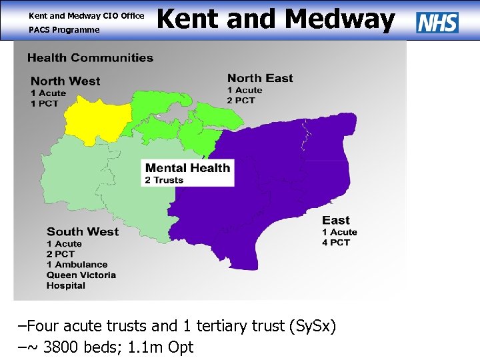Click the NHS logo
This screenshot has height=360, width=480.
click(x=437, y=23)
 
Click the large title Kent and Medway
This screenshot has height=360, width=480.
click(x=275, y=19)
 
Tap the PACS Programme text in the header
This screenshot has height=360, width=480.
click(x=64, y=30)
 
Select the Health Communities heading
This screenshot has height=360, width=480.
click(x=90, y=58)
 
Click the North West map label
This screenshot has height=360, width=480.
click(x=65, y=81)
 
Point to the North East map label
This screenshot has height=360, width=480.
click(x=260, y=78)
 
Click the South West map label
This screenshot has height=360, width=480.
click(x=83, y=232)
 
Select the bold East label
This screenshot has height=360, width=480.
click(x=336, y=221)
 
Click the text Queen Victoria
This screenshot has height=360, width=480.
click(x=81, y=275)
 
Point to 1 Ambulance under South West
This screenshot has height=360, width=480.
click(x=77, y=265)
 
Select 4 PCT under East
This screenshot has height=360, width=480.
click(x=336, y=243)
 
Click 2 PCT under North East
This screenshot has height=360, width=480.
click(x=241, y=101)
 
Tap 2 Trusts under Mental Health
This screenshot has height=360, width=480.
click(x=164, y=180)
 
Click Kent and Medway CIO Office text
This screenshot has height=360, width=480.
click(x=86, y=15)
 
